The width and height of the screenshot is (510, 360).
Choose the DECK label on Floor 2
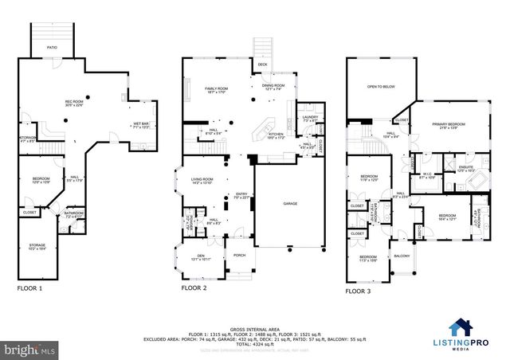point(262,64)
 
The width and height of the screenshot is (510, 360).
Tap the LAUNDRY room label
point(309,119)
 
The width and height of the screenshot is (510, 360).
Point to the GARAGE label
point(290,204)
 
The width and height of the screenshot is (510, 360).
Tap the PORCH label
point(238,256)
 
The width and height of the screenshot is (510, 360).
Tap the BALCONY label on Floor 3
point(402,256)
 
